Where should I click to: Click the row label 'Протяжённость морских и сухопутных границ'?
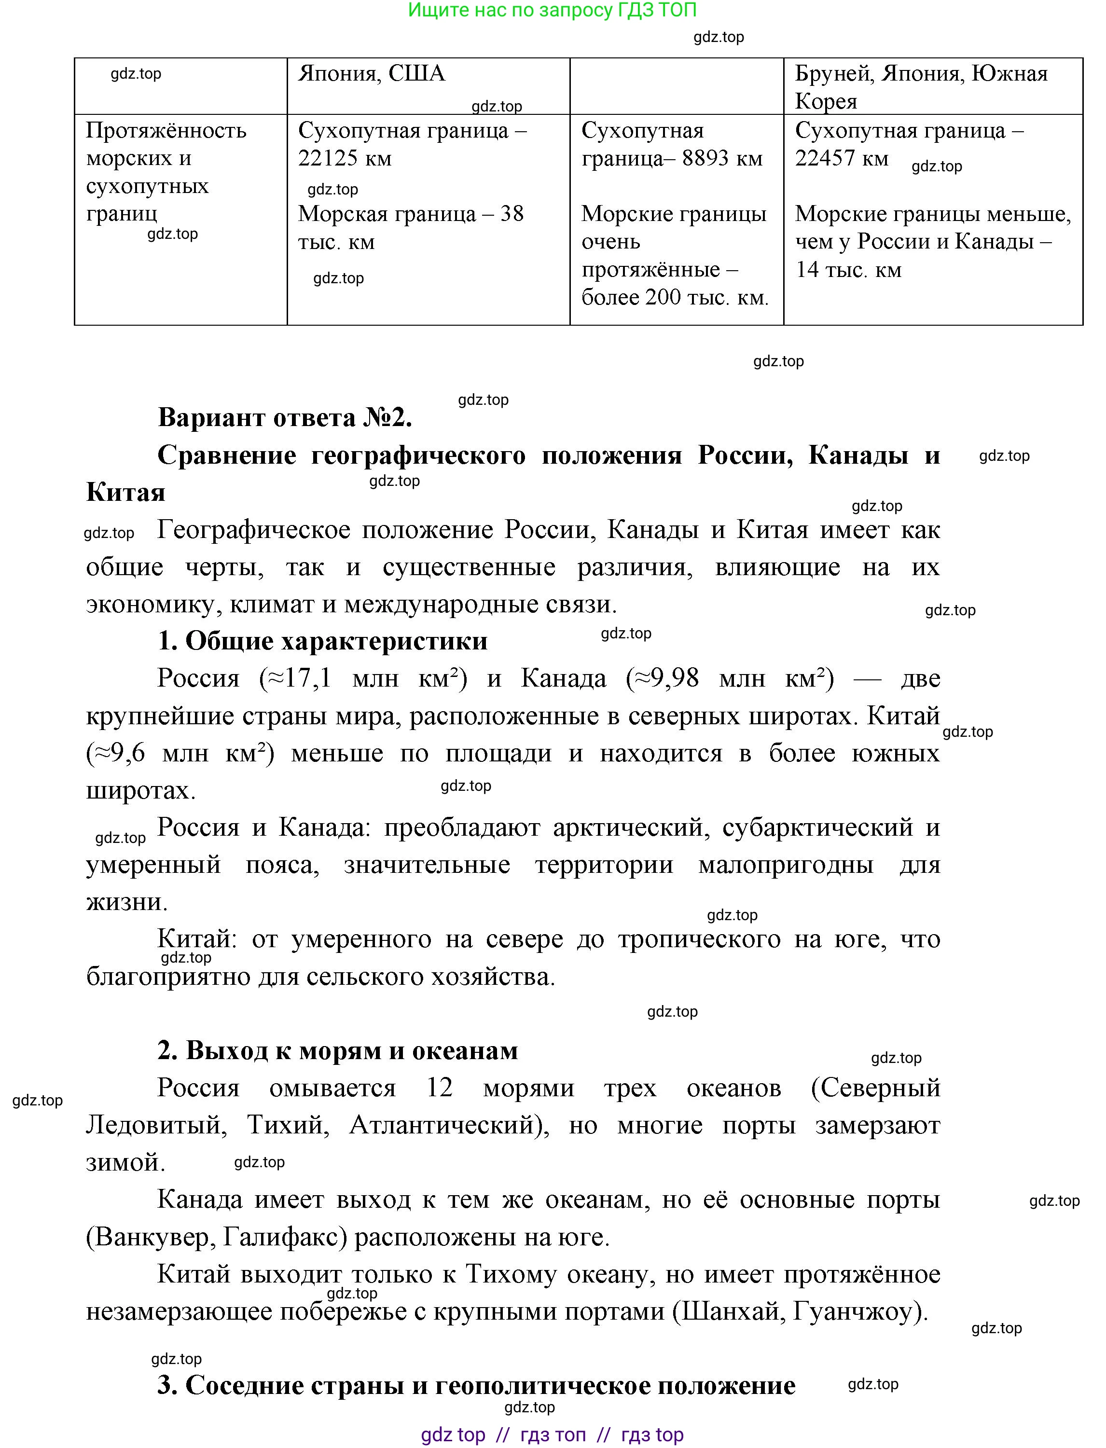[x=166, y=172]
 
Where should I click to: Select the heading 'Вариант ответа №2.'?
[x=285, y=417]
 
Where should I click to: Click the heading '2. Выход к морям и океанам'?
[x=337, y=1050]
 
